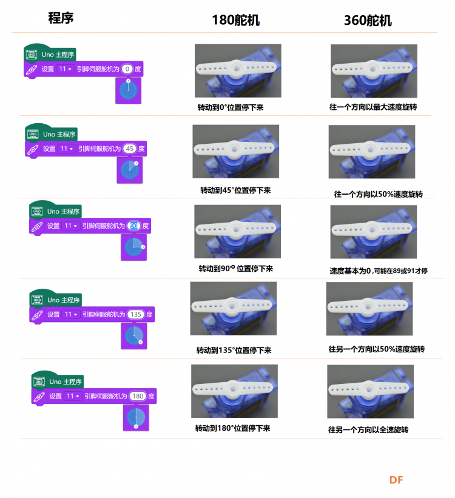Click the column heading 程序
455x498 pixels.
tap(61, 18)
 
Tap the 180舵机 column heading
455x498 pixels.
tap(236, 20)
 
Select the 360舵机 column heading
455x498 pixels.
tap(368, 21)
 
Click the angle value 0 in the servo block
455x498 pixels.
tap(127, 69)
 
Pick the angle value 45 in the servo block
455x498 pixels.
tap(130, 149)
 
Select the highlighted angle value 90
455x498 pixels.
tap(133, 226)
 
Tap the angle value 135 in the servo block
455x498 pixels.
tap(136, 314)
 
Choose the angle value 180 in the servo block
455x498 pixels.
tap(138, 396)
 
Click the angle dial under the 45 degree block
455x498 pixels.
tap(130, 170)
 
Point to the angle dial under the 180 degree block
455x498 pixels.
tap(136, 417)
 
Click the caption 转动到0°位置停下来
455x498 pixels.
tap(231, 107)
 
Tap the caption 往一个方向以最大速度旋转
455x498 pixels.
tap(373, 107)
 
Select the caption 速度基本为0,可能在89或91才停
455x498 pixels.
tap(379, 271)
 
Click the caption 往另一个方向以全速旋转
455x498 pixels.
tap(368, 429)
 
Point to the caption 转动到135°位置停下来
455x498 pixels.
tap(234, 351)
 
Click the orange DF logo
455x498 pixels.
tap(396, 480)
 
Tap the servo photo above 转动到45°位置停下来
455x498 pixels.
tap(236, 151)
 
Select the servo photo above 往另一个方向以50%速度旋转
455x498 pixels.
tap(369, 309)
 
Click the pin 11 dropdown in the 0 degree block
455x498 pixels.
tap(65, 69)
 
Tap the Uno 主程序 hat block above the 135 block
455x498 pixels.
tap(56, 298)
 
